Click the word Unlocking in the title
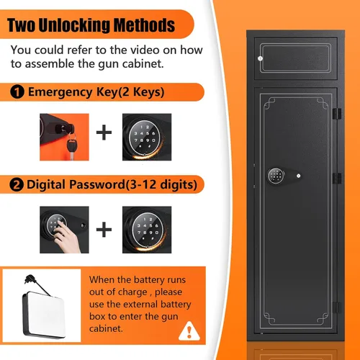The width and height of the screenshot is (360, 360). pyautogui.click(x=74, y=25)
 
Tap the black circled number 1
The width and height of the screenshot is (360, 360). pyautogui.click(x=17, y=92)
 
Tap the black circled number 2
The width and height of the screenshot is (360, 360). pyautogui.click(x=17, y=185)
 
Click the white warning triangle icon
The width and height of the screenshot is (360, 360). pyautogui.click(x=189, y=331)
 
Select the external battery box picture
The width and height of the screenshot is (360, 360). pyautogui.click(x=42, y=307)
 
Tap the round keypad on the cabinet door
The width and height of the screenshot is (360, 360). pyautogui.click(x=276, y=176)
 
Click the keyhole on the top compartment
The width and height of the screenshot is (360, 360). pyautogui.click(x=260, y=58)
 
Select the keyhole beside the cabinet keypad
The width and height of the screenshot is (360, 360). pyautogui.click(x=298, y=176)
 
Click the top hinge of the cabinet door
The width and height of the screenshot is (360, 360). pyautogui.click(x=337, y=114)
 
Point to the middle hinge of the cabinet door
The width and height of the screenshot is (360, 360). pyautogui.click(x=337, y=179)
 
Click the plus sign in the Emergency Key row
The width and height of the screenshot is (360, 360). pyautogui.click(x=104, y=132)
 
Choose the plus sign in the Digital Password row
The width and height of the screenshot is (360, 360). pyautogui.click(x=104, y=229)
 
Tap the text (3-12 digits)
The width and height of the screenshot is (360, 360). pyautogui.click(x=161, y=185)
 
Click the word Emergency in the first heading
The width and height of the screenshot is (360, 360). pyautogui.click(x=60, y=92)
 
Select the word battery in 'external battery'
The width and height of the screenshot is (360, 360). pyautogui.click(x=176, y=305)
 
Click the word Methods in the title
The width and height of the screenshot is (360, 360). pyautogui.click(x=144, y=25)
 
